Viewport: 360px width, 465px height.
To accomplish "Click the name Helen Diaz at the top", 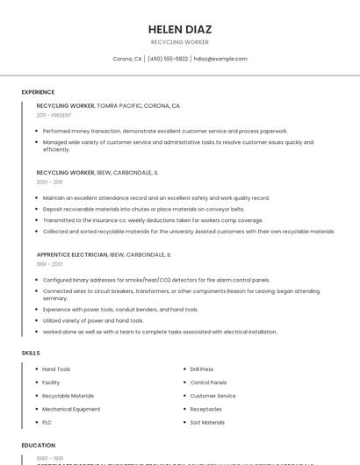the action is [x=180, y=29].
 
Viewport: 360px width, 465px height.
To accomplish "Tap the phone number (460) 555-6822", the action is [x=168, y=59].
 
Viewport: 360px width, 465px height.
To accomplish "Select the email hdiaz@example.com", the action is [x=220, y=59].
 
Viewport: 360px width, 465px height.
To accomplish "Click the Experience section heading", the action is [x=38, y=92].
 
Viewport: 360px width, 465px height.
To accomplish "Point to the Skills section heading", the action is [x=31, y=352].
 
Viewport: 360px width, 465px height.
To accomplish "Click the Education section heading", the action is [x=39, y=445].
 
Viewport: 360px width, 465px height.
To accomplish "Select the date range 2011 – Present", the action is [x=54, y=115].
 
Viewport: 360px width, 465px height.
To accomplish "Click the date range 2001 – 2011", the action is [x=50, y=182].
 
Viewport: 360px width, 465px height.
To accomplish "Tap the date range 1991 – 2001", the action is [x=50, y=263].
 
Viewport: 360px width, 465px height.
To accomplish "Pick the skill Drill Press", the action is [x=202, y=369].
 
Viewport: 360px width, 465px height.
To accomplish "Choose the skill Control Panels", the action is [x=208, y=383].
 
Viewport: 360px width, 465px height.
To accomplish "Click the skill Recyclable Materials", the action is [x=68, y=396].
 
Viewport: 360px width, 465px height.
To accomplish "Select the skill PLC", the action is [x=47, y=422].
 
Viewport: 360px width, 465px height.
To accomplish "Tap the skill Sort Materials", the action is [x=207, y=422].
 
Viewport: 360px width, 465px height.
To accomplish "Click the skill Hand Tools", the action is [x=56, y=369].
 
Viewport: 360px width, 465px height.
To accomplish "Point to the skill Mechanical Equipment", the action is [x=71, y=409].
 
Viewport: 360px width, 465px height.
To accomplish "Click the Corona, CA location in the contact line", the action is [x=127, y=59].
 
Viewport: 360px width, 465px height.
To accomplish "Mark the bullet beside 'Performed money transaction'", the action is [x=37, y=131].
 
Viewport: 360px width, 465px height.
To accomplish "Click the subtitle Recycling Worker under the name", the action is [x=180, y=41].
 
